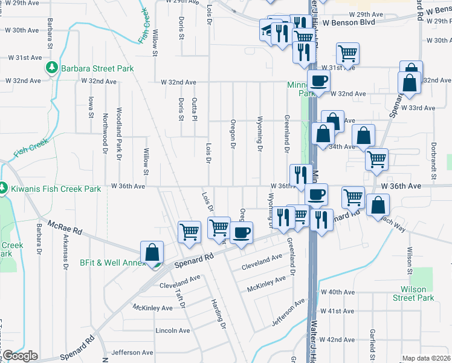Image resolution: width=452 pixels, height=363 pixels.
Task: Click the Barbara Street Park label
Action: coord(97,68)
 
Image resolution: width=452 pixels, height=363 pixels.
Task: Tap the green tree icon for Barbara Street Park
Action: coord(53,68)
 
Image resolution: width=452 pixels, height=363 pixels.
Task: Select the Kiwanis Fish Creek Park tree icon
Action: coord(4,189)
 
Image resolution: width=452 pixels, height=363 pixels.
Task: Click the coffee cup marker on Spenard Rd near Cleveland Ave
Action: coord(242,233)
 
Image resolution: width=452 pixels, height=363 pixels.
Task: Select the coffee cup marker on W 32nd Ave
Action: coord(318,80)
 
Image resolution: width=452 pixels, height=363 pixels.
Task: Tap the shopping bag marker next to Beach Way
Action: coord(378,204)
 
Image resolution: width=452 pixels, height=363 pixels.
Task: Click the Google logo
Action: coord(20,356)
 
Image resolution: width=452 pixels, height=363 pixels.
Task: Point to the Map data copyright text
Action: coord(426,358)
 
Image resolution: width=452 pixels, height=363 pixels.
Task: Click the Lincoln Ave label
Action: coord(173,330)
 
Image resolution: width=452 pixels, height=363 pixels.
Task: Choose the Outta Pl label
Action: coord(195,109)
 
